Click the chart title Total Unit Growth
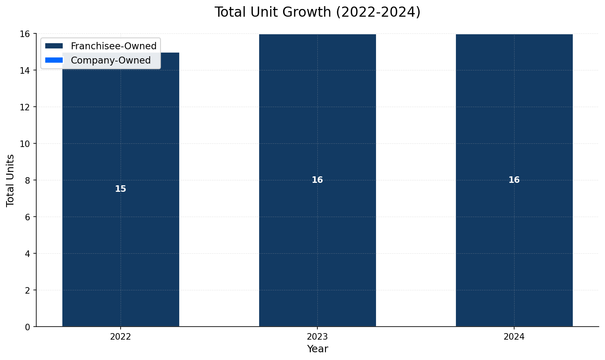[317, 12]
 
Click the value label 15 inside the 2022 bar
[121, 189]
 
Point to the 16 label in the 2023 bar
[317, 180]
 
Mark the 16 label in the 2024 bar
[514, 180]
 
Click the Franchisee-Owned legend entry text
[114, 46]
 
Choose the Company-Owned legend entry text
[111, 61]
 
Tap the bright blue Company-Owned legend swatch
[54, 60]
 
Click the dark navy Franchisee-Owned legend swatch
[54, 46]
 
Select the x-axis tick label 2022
[121, 337]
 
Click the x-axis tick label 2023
[317, 337]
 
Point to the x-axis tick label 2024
[514, 337]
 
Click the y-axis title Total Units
[11, 180]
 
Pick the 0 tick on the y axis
[28, 327]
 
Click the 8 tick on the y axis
[28, 180]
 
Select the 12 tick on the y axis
[25, 107]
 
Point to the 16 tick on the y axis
[25, 34]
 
